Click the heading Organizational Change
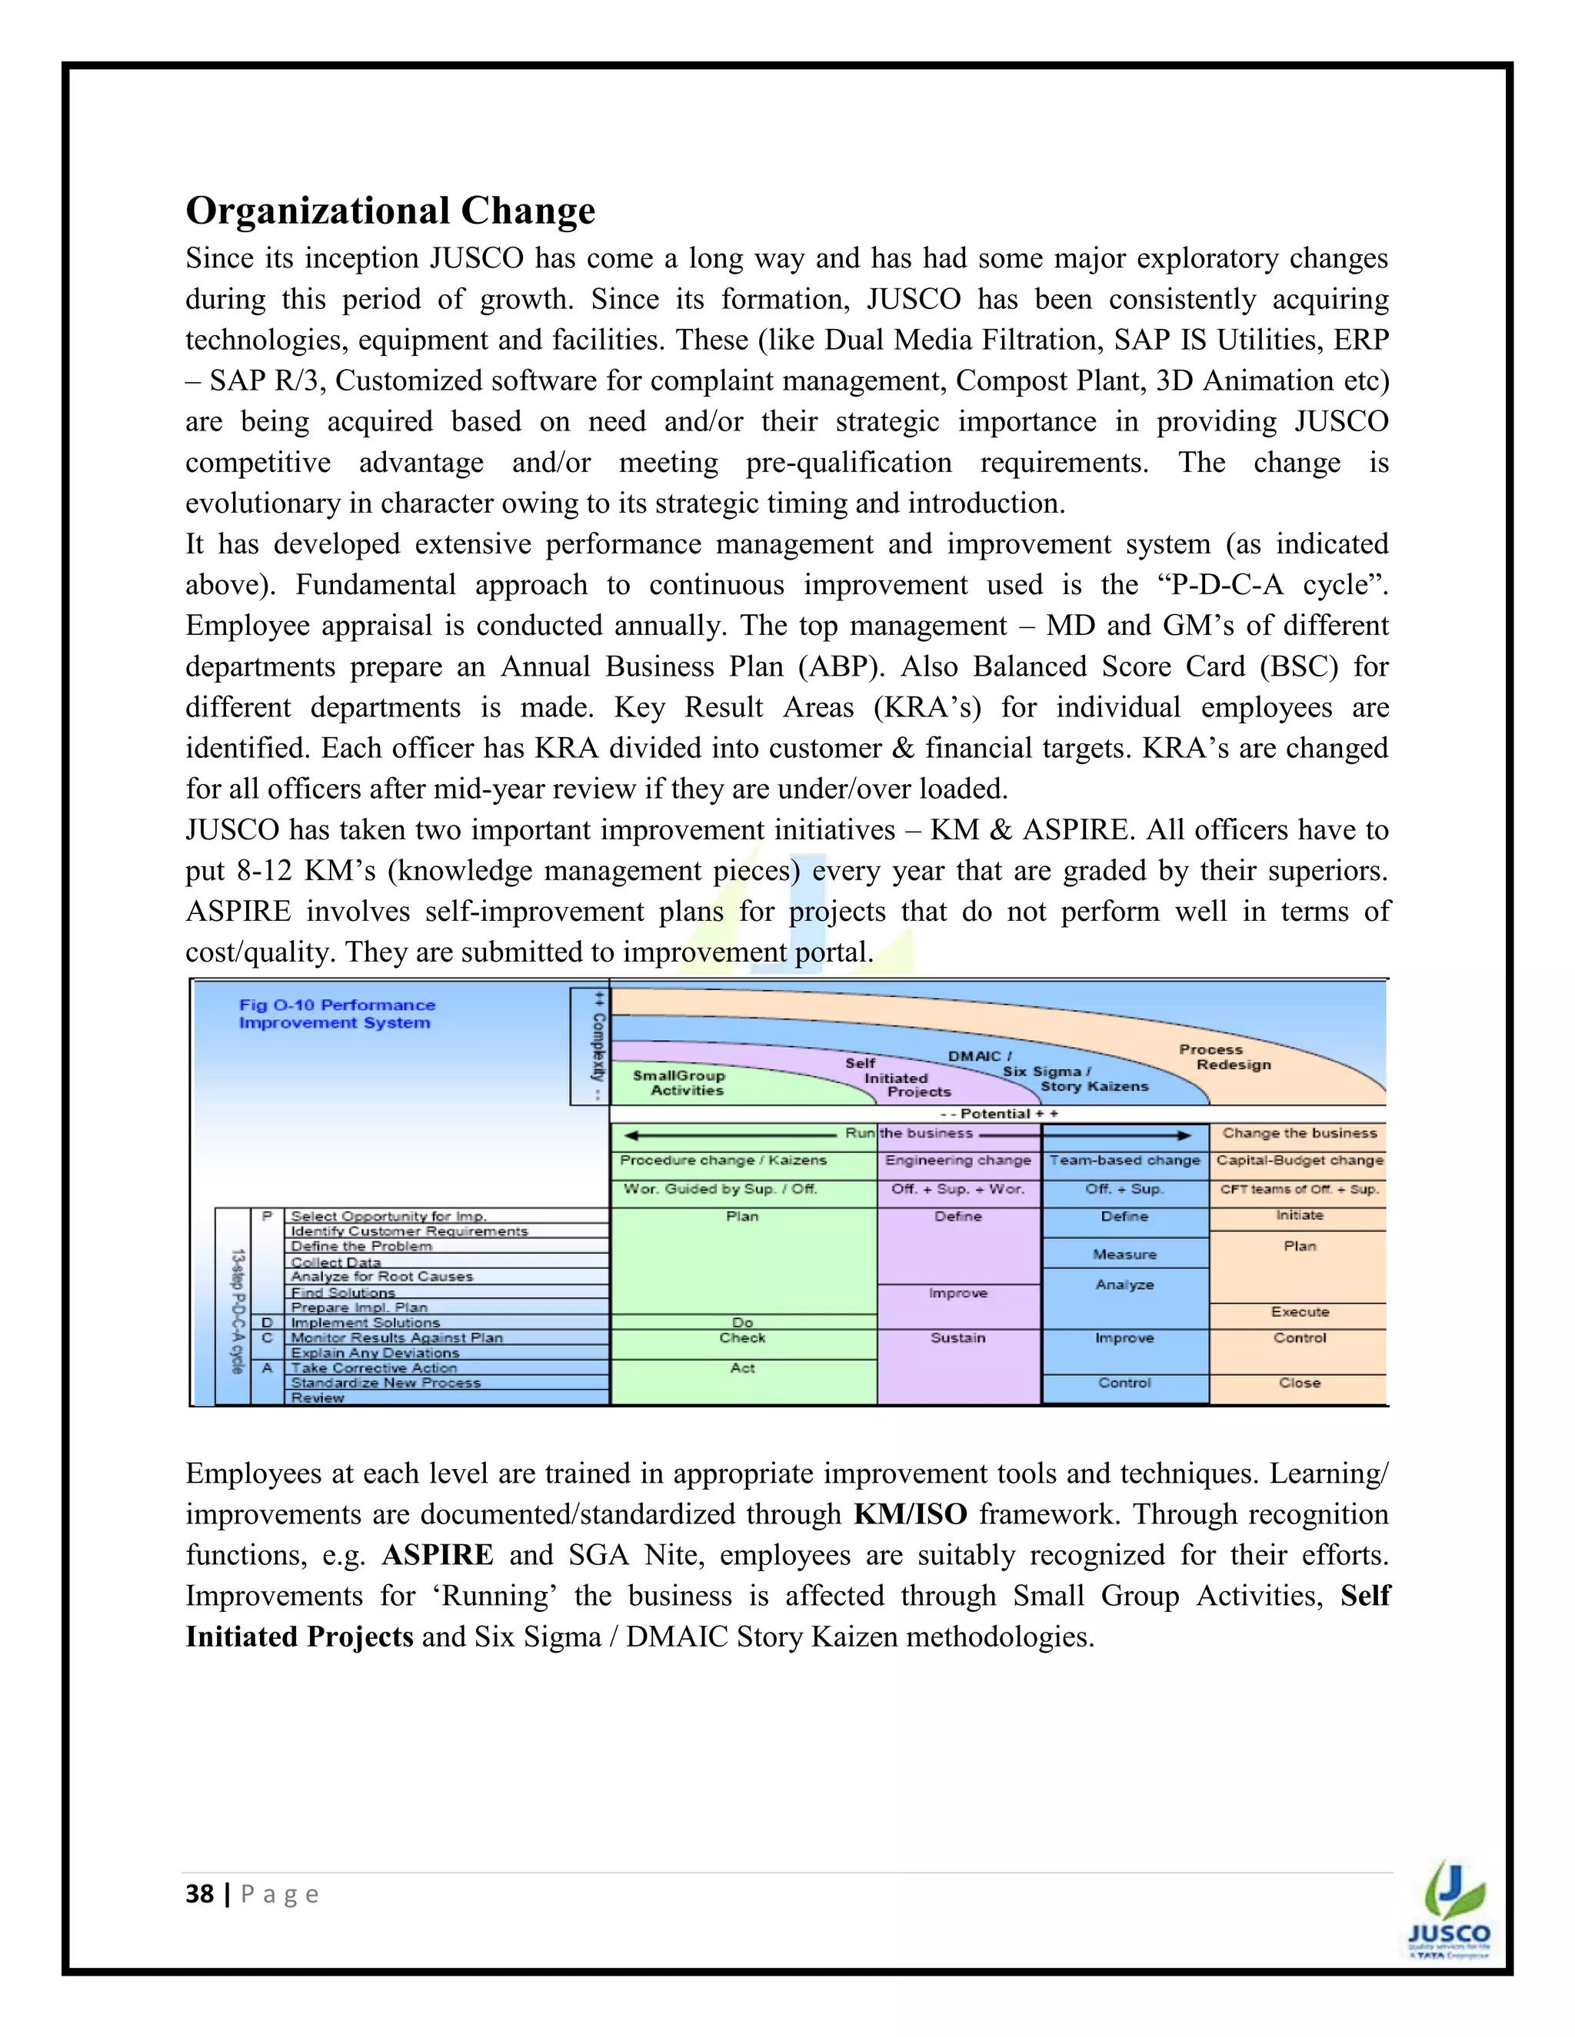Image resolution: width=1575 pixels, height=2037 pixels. pos(390,211)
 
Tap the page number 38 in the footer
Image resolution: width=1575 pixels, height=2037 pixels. pos(200,1894)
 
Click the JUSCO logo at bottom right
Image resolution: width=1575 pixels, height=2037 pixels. pos(1448,1909)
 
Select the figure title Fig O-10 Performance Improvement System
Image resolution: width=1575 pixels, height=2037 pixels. pos(337,1014)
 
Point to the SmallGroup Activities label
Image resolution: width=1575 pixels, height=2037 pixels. pos(678,1083)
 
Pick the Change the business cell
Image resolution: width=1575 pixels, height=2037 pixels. pos(1299,1133)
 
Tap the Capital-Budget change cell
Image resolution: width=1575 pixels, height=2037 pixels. pos(1299,1160)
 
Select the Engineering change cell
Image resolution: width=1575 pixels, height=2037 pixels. pos(958,1160)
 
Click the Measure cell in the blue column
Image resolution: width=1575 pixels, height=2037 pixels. pos(1124,1254)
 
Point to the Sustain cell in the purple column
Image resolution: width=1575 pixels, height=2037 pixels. pos(958,1338)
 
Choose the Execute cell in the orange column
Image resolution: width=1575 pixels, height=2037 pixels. pos(1299,1311)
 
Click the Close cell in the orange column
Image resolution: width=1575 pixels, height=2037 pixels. pos(1299,1382)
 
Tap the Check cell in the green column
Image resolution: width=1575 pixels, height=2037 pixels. pos(743,1338)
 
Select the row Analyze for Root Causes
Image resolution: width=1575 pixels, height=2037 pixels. pos(381,1276)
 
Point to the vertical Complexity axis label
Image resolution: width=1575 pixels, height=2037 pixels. pos(597,1046)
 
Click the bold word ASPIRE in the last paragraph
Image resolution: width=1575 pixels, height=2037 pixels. pos(438,1555)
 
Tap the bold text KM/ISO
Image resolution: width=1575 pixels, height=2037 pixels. pos(910,1514)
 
